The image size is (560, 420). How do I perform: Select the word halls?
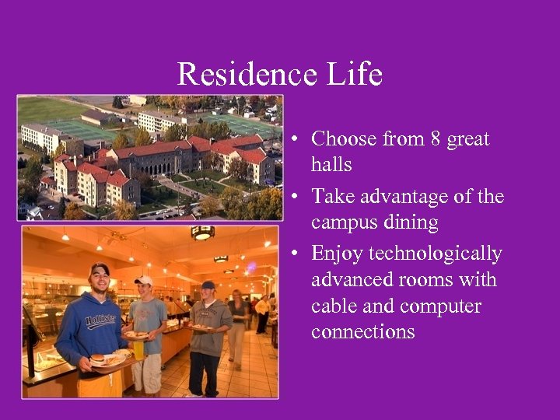pyautogui.click(x=331, y=165)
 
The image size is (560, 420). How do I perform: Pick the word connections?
pyautogui.click(x=362, y=332)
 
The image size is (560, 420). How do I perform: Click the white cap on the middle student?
pyautogui.click(x=143, y=280)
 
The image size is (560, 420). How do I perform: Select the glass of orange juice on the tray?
pyautogui.click(x=138, y=349)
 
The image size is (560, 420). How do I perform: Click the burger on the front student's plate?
pyautogui.click(x=98, y=359)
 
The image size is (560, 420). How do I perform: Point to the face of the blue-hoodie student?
pyautogui.click(x=100, y=279)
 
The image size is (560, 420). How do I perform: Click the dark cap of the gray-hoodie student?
pyautogui.click(x=208, y=285)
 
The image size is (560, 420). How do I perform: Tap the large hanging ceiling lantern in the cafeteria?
pyautogui.click(x=202, y=233)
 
